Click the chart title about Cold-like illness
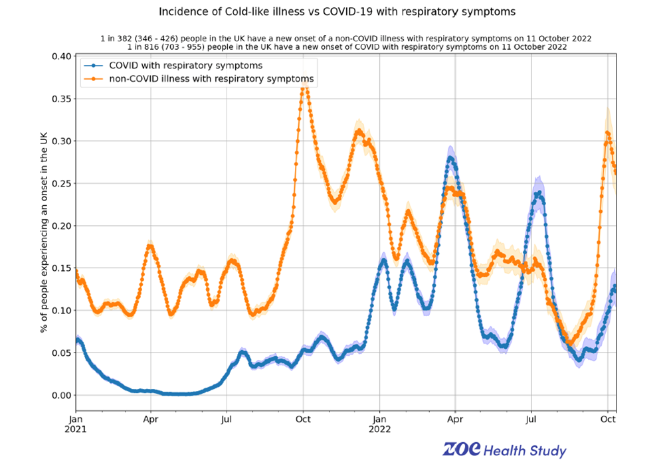pos(336,12)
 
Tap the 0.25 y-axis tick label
pos(58,183)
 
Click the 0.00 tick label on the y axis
pos(58,396)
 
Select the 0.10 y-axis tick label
pos(58,311)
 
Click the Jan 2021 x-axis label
pos(75,424)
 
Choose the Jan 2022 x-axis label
pos(380,424)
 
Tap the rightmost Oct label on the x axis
pos(607,420)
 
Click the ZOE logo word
pos(461,450)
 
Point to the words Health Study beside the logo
pos(525,451)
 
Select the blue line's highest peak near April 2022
pos(451,158)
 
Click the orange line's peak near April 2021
pos(150,246)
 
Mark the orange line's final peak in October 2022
pos(607,133)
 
